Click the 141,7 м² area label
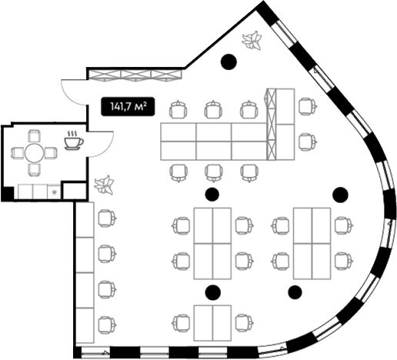(128, 106)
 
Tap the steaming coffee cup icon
(74, 141)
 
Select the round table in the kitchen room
(34, 153)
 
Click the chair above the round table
(34, 136)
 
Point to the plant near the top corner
(252, 40)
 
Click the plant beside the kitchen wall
(104, 185)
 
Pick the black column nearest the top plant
(229, 62)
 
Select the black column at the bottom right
(295, 292)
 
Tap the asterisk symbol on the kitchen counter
(54, 192)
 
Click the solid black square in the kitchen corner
(8, 193)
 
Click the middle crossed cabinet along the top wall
(135, 75)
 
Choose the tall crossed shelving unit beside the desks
(272, 124)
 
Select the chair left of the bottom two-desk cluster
(182, 324)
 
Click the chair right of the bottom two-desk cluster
(245, 324)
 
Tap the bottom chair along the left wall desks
(107, 325)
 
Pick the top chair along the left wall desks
(107, 218)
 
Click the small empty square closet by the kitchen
(75, 191)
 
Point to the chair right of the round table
(51, 153)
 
